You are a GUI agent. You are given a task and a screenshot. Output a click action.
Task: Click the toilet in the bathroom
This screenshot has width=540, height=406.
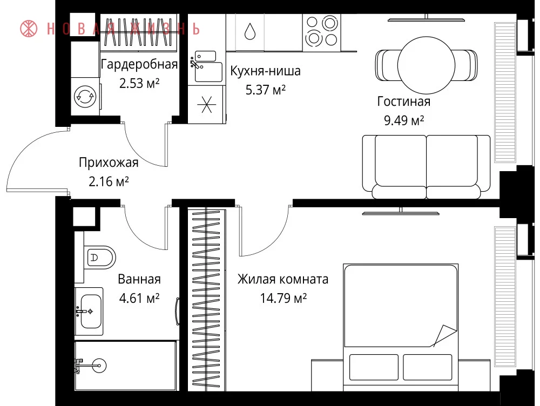click(100, 257)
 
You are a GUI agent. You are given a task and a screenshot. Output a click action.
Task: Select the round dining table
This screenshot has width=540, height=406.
click(427, 65)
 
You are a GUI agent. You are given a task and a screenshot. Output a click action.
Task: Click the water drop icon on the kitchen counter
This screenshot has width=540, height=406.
click(250, 31)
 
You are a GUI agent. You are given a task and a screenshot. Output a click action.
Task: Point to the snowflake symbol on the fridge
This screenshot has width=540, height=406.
click(206, 104)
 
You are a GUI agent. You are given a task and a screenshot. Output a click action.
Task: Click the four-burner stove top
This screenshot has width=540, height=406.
click(322, 32)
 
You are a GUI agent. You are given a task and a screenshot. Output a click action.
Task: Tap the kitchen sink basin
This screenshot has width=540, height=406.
click(208, 72)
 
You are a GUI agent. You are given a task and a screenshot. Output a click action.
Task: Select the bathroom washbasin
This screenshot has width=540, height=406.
click(91, 312)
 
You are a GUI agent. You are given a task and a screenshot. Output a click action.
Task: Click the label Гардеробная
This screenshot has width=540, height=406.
click(139, 64)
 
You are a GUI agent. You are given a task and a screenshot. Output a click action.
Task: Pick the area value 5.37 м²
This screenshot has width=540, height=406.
click(266, 90)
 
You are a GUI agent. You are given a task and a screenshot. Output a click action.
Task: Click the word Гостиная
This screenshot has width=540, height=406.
click(403, 101)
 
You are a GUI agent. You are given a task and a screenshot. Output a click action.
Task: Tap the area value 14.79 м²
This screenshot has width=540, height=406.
click(283, 298)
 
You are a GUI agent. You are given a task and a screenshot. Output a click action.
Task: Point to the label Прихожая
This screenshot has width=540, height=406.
click(109, 163)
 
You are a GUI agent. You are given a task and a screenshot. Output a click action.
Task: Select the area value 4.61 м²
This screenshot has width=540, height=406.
click(139, 298)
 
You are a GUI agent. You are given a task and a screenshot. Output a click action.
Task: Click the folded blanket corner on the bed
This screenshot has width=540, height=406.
click(444, 335)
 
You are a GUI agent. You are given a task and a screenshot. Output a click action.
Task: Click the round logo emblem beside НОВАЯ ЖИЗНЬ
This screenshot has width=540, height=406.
click(29, 29)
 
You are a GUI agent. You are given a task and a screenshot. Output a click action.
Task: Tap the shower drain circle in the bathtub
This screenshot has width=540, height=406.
click(99, 366)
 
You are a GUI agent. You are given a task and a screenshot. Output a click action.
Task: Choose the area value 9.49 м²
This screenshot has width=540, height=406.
click(403, 120)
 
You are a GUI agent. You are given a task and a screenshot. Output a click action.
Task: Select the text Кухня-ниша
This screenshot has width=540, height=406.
click(265, 71)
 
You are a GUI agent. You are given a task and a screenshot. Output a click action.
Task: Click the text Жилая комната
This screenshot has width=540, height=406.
click(283, 279)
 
